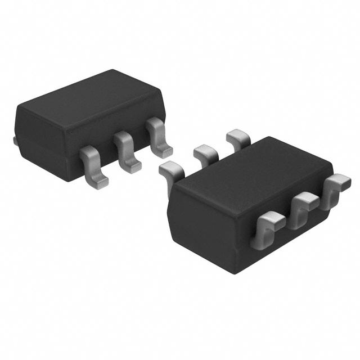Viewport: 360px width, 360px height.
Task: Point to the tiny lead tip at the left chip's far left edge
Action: click(x=14, y=139)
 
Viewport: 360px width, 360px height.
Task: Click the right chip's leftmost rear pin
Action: click(x=170, y=172)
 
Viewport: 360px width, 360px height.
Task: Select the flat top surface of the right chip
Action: click(x=247, y=174)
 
